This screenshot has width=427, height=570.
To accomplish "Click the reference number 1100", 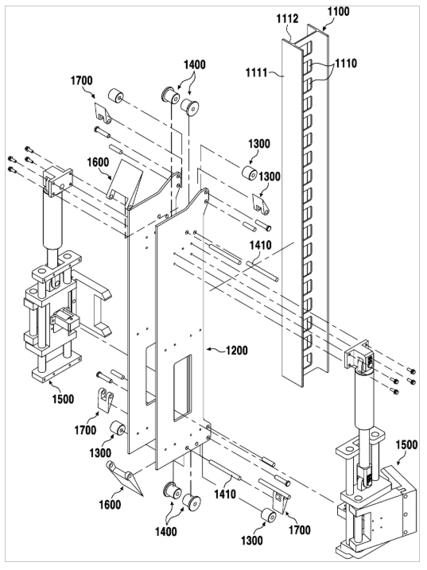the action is tap(338, 12).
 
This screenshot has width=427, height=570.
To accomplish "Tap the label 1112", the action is tap(287, 18).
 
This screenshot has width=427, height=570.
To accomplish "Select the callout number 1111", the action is tap(256, 73).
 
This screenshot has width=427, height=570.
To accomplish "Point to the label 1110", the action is tap(346, 64).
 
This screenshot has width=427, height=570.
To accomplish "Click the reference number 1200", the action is tap(236, 351).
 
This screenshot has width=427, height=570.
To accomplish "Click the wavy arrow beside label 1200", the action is tap(215, 350).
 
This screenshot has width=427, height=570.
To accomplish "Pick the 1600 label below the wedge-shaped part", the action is tap(110, 505).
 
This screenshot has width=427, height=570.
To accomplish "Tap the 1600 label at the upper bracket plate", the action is tap(98, 162).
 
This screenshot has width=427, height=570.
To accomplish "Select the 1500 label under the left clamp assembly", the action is tap(63, 399).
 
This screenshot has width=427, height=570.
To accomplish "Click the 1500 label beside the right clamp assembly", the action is tap(406, 444).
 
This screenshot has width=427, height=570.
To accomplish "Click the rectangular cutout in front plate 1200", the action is tap(182, 388).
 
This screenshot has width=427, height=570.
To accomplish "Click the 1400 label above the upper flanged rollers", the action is tap(194, 64).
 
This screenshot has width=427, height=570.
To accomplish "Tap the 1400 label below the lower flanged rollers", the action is tap(166, 532).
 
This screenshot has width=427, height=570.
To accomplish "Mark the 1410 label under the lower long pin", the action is tap(225, 494).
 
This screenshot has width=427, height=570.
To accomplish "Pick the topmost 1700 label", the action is tap(81, 80).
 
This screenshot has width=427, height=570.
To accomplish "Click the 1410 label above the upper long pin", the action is tap(261, 245).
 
